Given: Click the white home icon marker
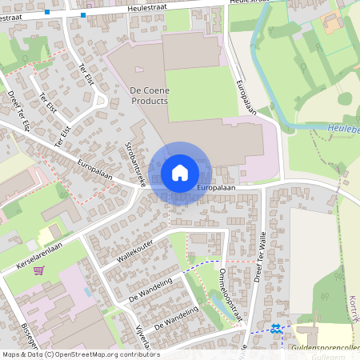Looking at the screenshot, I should (180, 173).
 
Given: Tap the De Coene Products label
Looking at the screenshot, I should (149, 97).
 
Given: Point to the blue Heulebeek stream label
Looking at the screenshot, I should (342, 127).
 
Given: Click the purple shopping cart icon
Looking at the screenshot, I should (38, 270).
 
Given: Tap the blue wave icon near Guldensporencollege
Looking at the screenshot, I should (275, 327).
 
